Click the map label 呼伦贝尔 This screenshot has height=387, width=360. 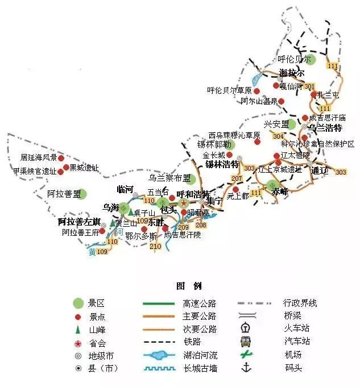295,59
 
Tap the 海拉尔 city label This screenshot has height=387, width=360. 292,73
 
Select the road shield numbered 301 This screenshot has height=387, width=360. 309,86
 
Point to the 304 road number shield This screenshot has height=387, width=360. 278,136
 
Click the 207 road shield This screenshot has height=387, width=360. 237,179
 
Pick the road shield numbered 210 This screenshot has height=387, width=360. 155,246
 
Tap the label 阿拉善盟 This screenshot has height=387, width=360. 64,194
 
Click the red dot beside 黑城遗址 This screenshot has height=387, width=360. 66,168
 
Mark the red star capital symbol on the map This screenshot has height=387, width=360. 184,203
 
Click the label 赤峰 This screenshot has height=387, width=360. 280,192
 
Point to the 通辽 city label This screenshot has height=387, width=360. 320,170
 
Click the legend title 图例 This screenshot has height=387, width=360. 189,285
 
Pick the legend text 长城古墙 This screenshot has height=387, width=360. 200,368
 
